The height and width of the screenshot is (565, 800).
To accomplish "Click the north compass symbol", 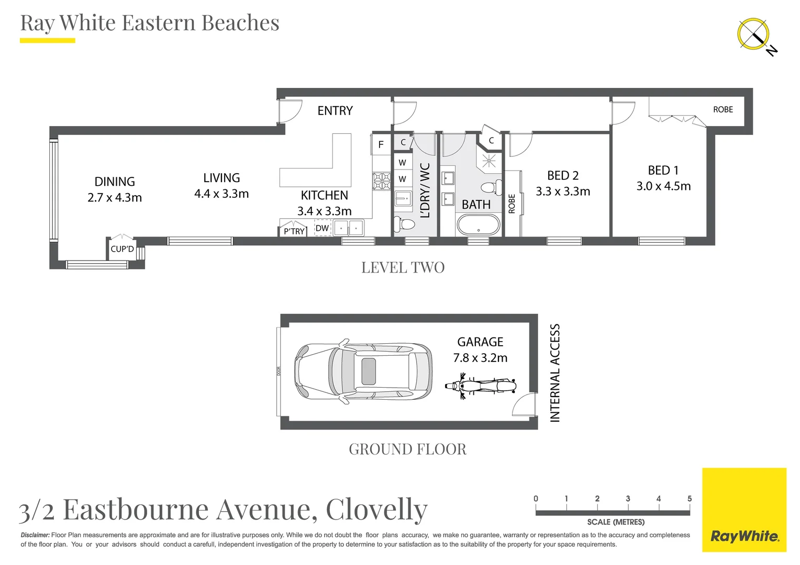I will (x=754, y=35).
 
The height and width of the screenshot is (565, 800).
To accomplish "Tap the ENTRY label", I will (x=335, y=111).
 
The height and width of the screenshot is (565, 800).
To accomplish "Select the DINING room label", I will (x=115, y=182).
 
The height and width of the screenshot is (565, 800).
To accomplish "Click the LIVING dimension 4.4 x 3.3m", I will (x=221, y=194).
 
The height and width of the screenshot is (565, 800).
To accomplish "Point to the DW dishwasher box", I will (x=323, y=228).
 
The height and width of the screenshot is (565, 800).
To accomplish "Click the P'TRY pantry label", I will (x=294, y=231).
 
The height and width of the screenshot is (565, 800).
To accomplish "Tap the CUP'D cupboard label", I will (x=122, y=249).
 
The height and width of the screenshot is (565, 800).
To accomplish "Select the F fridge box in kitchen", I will (x=381, y=145).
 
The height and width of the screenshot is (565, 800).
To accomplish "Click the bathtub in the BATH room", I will (x=479, y=225).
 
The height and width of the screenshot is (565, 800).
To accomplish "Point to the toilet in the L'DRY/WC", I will (x=404, y=224).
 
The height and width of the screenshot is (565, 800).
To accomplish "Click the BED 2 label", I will (x=563, y=175).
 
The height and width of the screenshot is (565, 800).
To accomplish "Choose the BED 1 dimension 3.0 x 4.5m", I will (x=663, y=186).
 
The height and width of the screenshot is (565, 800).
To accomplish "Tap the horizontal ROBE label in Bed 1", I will (x=723, y=109).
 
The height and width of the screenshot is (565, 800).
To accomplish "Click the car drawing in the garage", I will (x=363, y=371).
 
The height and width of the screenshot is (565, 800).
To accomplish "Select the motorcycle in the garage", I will (x=481, y=387).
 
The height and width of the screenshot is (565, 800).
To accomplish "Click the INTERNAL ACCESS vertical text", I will (x=555, y=372).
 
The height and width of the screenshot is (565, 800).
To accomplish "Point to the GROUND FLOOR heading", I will (x=407, y=449).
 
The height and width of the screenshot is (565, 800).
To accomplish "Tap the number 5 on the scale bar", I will (x=689, y=499).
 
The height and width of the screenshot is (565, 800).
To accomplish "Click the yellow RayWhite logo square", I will (x=744, y=510).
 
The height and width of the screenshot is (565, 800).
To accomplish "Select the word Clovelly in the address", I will (x=376, y=509).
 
